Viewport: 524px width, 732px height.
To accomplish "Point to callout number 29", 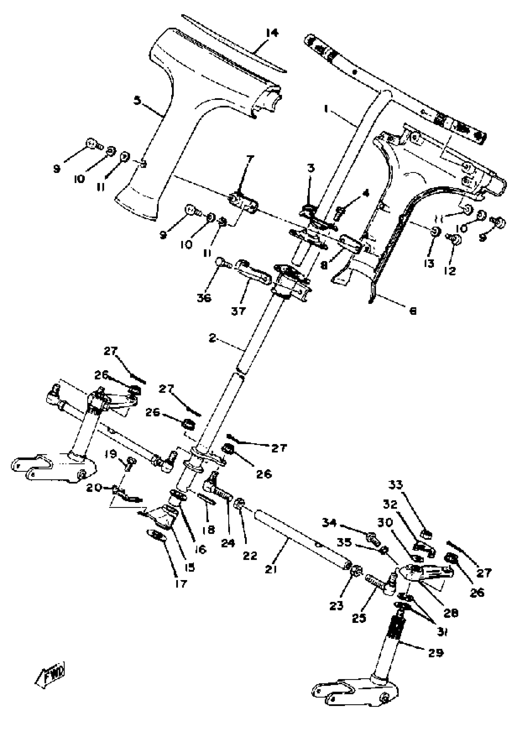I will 436,653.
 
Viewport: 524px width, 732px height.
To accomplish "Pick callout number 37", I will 239,311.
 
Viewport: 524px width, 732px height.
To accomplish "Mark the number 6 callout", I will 413,311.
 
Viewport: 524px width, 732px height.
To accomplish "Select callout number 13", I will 428,263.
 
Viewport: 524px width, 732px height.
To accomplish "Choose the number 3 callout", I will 311,168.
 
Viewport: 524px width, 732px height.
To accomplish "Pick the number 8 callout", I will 324,265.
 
